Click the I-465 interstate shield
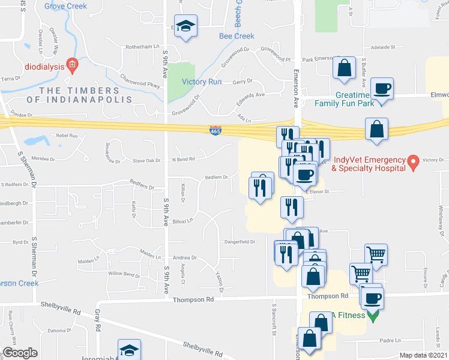point(215,130)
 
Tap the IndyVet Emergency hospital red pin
point(412,161)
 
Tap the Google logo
point(20,353)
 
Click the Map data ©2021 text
point(423,355)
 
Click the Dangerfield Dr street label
point(240,242)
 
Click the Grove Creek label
point(65,6)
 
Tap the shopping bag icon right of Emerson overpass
point(376,128)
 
